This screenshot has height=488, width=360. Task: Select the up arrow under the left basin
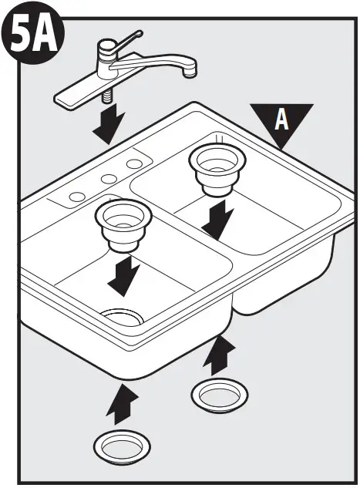point(123,404)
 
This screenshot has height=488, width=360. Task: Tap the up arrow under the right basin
point(220,355)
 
